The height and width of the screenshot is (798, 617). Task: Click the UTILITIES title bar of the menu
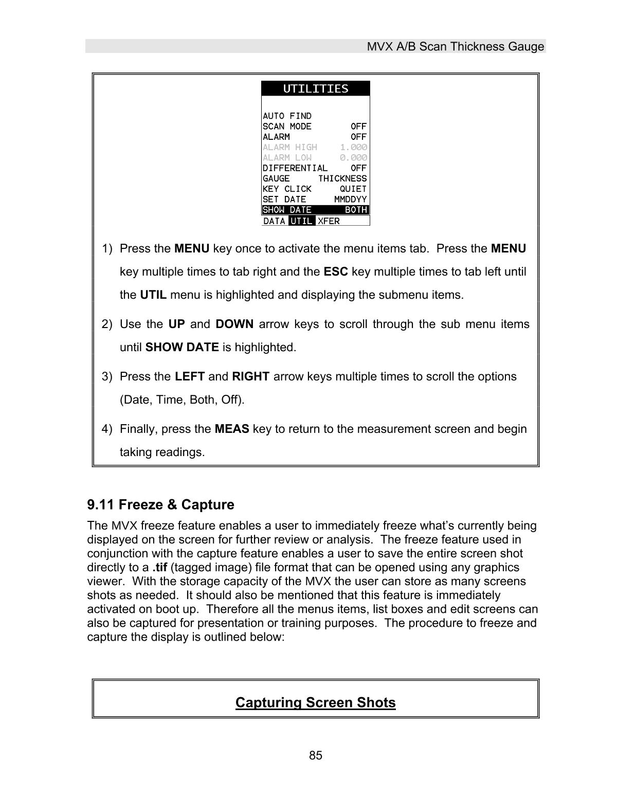click(x=315, y=88)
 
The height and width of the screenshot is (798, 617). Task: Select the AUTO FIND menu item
click(x=287, y=116)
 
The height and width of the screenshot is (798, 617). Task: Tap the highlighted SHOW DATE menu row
click(x=315, y=210)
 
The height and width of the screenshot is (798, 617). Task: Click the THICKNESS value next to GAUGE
click(x=342, y=178)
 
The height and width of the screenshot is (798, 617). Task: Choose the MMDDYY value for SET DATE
click(x=350, y=199)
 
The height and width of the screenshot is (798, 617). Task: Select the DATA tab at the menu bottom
click(x=274, y=221)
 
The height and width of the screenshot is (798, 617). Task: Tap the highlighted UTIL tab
click(x=301, y=221)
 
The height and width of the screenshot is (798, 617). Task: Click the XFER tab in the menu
click(x=329, y=221)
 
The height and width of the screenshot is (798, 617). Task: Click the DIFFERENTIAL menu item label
click(x=295, y=168)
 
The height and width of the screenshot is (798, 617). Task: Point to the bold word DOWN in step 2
click(x=234, y=324)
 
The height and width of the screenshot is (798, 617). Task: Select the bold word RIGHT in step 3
click(x=250, y=376)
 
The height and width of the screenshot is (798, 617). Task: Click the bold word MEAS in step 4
click(x=231, y=429)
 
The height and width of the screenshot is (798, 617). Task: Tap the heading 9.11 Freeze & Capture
click(x=160, y=504)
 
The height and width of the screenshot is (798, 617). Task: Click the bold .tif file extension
click(x=159, y=568)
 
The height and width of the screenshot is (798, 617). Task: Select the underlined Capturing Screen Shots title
click(x=315, y=702)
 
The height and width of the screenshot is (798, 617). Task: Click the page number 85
click(x=316, y=755)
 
